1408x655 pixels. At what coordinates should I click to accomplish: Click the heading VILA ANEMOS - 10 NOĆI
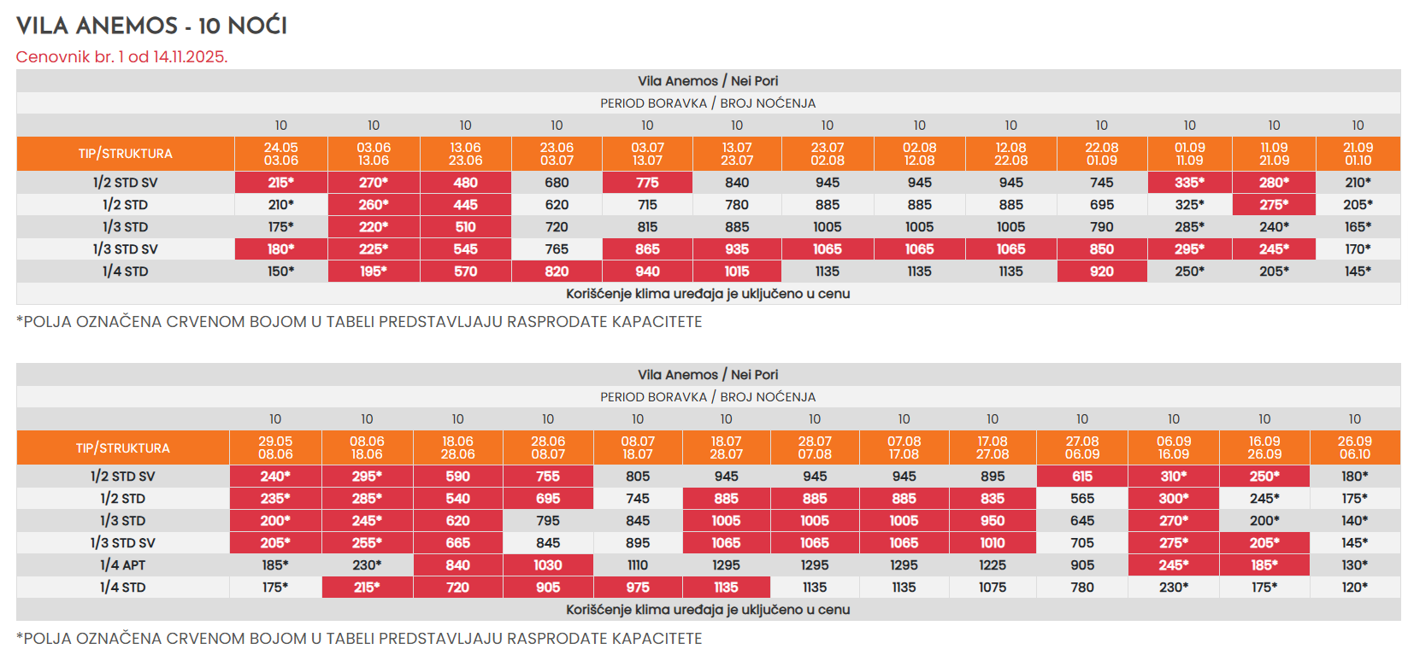coord(151,26)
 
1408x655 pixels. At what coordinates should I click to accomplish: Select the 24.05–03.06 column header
coord(281,154)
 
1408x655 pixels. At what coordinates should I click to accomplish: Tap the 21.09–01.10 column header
coord(1358,154)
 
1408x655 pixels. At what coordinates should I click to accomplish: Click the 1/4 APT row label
coord(123,565)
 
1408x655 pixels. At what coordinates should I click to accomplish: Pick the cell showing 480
coord(465,183)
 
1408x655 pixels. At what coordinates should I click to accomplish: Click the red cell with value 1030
coord(548,565)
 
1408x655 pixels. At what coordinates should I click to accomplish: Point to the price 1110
coord(638,565)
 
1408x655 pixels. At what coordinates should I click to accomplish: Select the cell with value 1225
coord(993,565)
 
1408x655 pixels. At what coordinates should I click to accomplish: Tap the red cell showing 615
coord(1082,477)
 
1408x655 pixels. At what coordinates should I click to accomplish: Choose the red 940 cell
coord(647,272)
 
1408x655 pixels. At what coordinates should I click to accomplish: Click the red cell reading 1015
coord(737,272)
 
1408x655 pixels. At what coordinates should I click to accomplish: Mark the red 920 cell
coord(1102,272)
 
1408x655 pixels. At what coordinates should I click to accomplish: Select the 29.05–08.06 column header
coord(275,447)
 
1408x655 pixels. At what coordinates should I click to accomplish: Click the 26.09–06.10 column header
coord(1355,447)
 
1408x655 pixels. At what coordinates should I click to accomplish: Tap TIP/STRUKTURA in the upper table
coord(126,154)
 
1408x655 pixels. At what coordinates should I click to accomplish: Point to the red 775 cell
coord(647,183)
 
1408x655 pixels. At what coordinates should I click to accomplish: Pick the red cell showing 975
coord(638,588)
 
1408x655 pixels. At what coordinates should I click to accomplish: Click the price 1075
coord(993,588)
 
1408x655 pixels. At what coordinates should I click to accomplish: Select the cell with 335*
coord(1189,183)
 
